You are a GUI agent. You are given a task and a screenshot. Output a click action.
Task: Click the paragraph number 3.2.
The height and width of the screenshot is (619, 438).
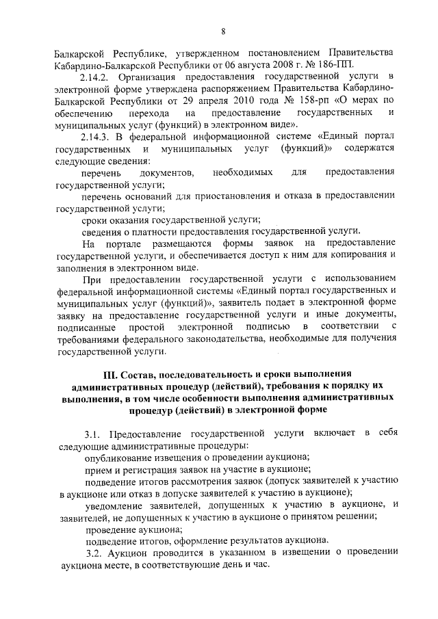92,552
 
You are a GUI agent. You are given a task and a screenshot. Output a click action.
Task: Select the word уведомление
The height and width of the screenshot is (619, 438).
118,505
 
